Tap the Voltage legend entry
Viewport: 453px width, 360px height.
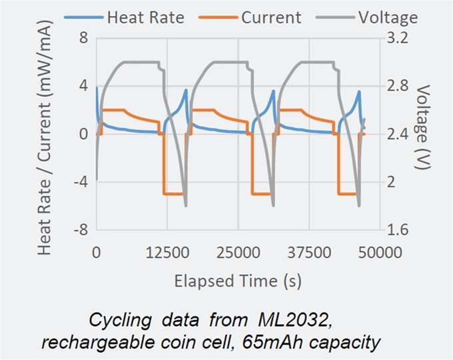[386, 17]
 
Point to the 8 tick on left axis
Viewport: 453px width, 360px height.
[84, 38]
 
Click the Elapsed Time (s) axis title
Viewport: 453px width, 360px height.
[238, 281]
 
